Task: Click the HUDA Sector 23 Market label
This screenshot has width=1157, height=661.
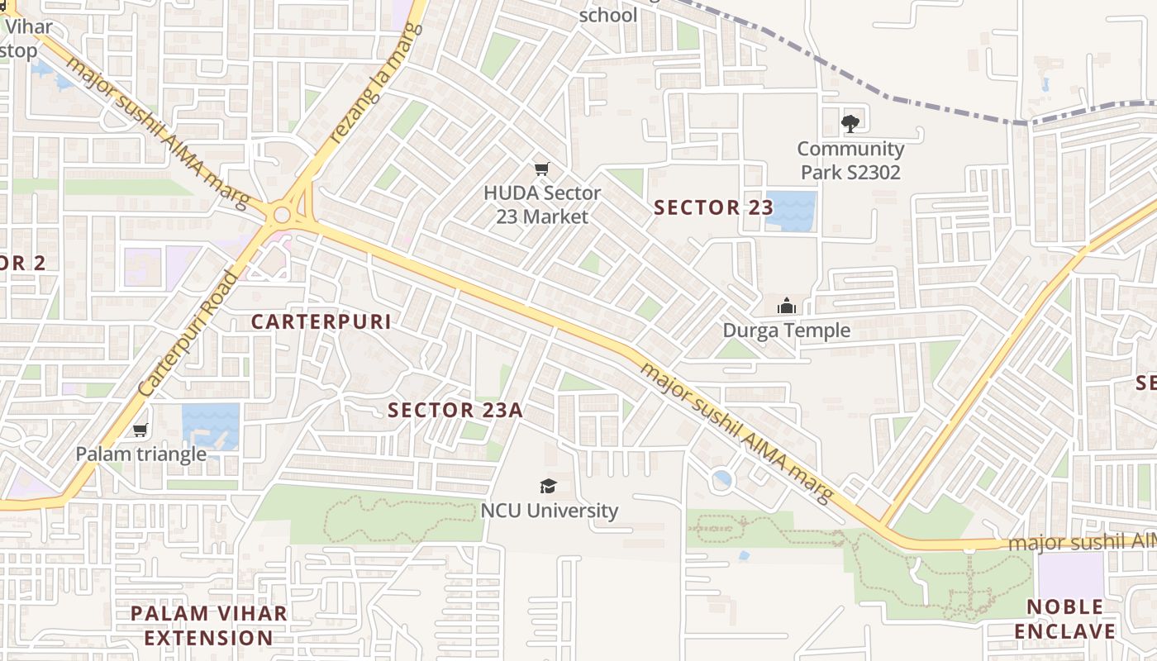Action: point(541,205)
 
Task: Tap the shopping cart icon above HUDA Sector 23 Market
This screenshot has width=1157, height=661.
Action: point(541,169)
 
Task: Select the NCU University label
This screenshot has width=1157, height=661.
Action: point(549,511)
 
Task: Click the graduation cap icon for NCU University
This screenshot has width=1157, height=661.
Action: point(548,486)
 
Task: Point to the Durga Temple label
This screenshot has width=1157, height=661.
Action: point(786,330)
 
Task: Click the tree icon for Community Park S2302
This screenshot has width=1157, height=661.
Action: point(850,124)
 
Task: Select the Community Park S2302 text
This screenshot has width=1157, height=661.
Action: point(850,160)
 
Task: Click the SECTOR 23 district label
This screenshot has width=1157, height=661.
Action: point(712,208)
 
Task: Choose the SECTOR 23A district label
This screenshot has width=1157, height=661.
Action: point(455,410)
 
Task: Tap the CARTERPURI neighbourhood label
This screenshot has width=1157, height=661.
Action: point(321,322)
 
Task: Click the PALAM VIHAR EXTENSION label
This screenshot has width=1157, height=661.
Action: point(209,625)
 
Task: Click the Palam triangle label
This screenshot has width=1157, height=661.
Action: point(140,454)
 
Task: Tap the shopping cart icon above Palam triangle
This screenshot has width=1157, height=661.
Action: point(140,430)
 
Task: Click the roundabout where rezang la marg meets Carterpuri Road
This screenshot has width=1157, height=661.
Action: point(282,216)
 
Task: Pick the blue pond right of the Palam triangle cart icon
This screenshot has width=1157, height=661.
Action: point(210,426)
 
